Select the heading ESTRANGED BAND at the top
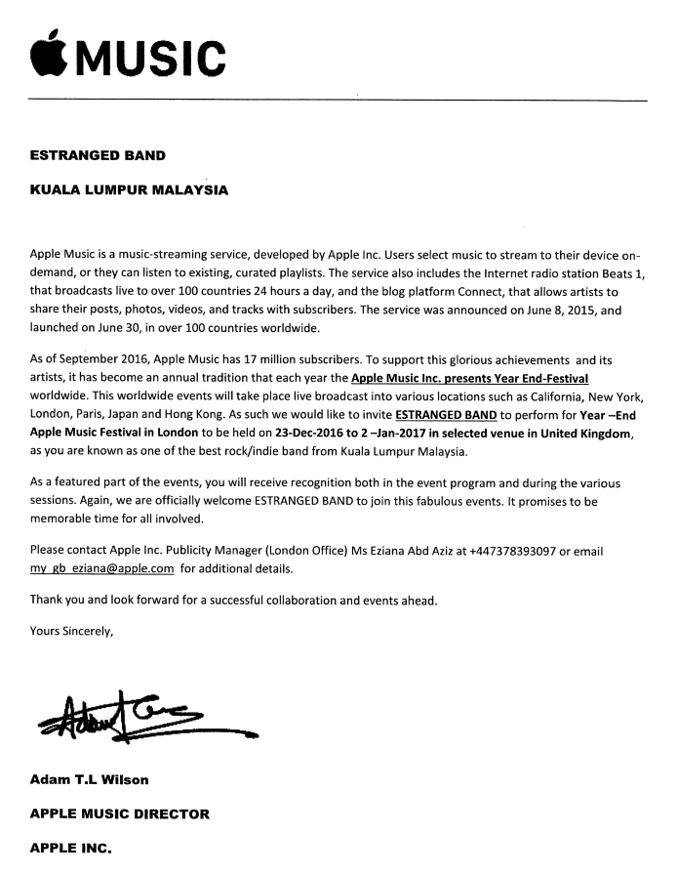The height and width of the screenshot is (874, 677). click(x=98, y=155)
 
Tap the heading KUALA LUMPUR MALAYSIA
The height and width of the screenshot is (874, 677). click(x=129, y=190)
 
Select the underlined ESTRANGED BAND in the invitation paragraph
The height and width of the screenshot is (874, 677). click(x=446, y=414)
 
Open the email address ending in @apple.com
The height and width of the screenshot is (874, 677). click(x=102, y=568)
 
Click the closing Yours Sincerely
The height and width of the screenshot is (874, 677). click(x=71, y=631)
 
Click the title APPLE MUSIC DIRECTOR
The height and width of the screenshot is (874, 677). click(x=119, y=812)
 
